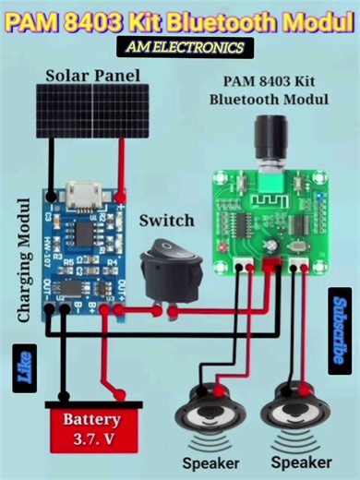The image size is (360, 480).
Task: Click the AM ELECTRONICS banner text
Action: (180, 46)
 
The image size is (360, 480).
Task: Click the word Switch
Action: (166, 221)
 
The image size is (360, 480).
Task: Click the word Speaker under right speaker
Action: (301, 462)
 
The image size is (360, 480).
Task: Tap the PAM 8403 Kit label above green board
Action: (267, 82)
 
